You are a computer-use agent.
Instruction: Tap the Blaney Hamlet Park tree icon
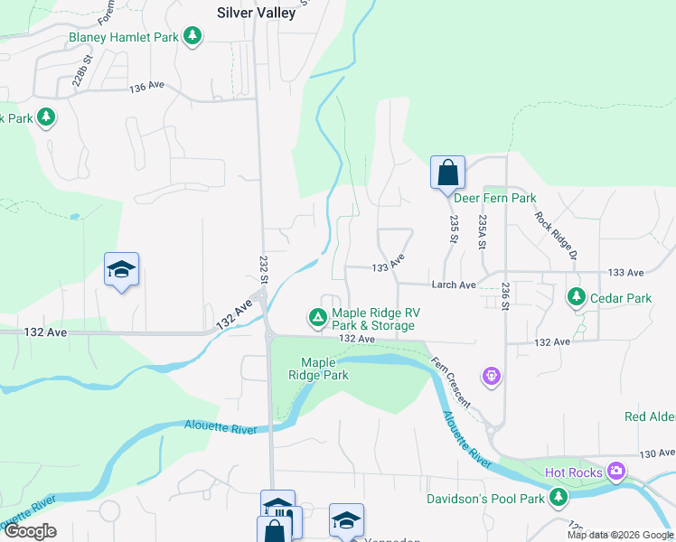click(192, 36)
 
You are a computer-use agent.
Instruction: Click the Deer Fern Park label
click(494, 198)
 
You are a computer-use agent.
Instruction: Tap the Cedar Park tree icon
click(576, 296)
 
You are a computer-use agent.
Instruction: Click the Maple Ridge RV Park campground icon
click(317, 317)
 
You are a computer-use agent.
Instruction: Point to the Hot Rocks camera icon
click(616, 471)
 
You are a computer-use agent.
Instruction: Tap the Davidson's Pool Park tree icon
click(559, 496)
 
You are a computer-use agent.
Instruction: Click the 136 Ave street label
click(147, 87)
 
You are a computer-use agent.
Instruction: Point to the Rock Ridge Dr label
click(555, 235)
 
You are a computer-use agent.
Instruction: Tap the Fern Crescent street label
click(451, 380)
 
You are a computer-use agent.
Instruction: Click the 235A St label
click(484, 232)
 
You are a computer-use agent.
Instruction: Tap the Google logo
click(29, 531)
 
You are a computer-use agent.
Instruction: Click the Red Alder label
click(650, 416)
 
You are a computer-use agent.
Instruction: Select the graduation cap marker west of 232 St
click(121, 270)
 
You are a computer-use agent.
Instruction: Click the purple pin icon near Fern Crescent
click(492, 373)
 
